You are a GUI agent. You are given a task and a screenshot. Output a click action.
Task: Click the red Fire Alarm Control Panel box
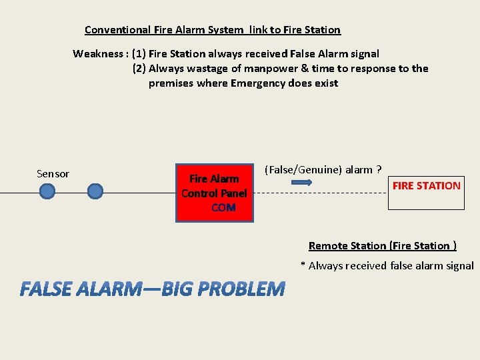pos(214,193)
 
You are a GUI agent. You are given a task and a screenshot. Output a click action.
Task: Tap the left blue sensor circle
pos(47,192)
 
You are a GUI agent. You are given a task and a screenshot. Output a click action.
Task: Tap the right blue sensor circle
pos(96,192)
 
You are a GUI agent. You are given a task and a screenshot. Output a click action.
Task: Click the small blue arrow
pos(302,181)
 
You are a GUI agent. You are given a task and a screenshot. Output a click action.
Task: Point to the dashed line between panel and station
pos(320,193)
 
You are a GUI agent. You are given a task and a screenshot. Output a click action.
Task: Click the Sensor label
pos(53,174)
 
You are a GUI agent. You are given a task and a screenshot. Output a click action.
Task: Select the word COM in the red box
pos(223,208)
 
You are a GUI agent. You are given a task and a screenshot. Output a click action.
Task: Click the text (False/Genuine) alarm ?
pos(323,169)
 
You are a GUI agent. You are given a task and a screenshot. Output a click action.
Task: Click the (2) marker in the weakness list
pos(139,68)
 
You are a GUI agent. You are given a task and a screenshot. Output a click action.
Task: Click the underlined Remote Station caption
pos(382,245)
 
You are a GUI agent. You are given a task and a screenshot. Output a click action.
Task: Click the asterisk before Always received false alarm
pos(303,265)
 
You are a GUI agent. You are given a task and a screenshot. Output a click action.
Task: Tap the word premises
pos(171,83)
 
